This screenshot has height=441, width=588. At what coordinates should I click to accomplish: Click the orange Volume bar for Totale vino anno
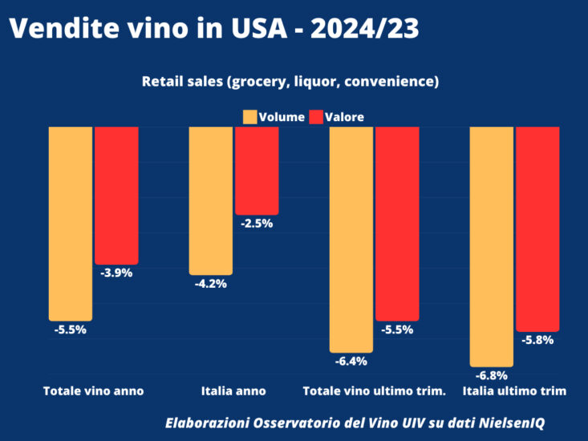coord(71,223)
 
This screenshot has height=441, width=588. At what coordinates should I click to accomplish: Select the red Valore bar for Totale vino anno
coord(116,195)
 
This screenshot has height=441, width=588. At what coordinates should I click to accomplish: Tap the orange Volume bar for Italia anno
coord(210,200)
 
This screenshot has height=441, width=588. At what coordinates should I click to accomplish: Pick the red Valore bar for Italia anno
coord(257,170)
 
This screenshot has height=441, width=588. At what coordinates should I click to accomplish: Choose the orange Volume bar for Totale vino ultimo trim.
coord(351,239)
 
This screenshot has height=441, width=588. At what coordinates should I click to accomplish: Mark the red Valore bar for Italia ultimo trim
coord(537,229)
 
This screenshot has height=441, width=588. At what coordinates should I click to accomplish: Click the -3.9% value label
coord(116,273)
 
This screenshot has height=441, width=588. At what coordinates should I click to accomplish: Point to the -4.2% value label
coord(211,284)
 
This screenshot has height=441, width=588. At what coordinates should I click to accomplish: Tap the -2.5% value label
coord(257,224)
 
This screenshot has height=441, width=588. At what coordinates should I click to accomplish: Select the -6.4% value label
coord(351,361)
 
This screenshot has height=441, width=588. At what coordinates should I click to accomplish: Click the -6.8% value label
coord(492,375)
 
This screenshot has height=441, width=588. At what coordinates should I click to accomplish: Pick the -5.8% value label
coord(537,340)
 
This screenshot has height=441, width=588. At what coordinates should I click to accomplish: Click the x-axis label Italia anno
coord(233,391)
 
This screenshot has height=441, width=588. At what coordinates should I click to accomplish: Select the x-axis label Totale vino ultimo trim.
coord(374,391)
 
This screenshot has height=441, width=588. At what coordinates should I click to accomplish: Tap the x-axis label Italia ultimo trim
coord(515,391)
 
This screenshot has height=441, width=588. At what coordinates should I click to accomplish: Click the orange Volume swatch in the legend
coord(249,117)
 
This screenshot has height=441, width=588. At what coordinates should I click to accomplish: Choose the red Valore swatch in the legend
coord(316,117)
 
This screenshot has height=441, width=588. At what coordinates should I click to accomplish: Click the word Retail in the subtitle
coord(163,82)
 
